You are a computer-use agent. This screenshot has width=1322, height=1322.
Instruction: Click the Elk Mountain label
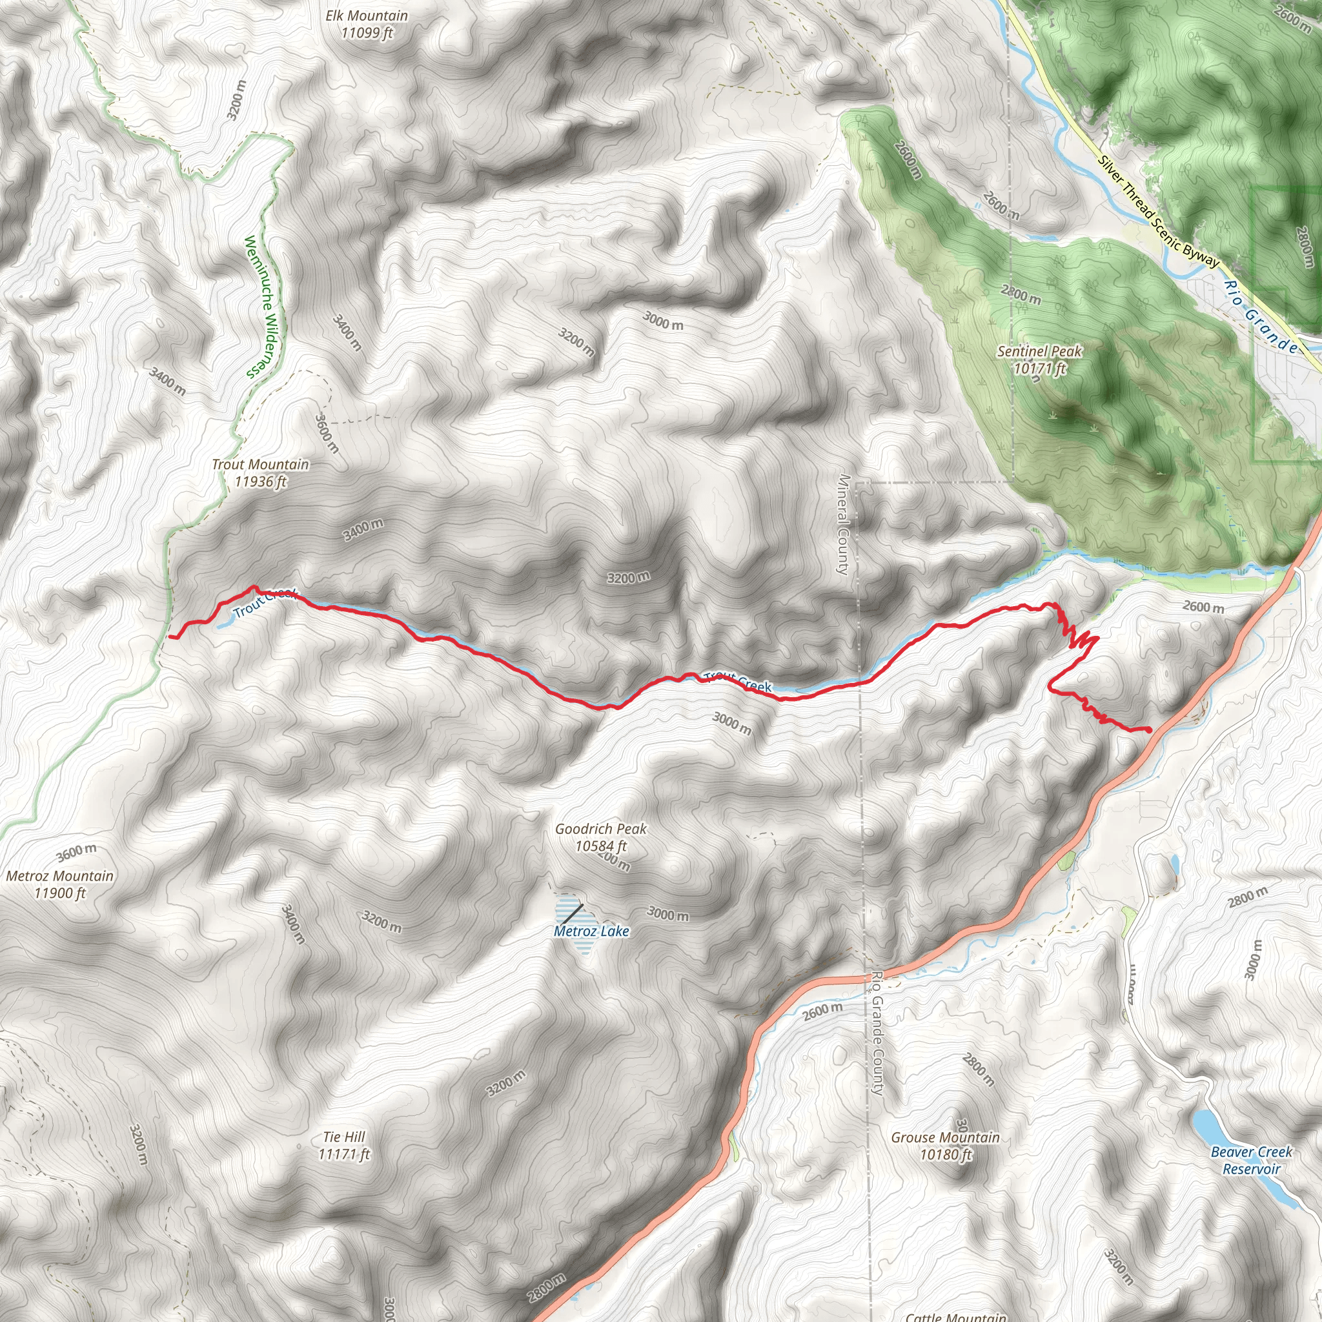pos(367,24)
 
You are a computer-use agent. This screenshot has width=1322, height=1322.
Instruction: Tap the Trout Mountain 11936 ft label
pos(260,473)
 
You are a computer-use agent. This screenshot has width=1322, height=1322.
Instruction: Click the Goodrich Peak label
pos(601,837)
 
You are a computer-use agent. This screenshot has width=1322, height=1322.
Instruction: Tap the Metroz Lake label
pos(591,931)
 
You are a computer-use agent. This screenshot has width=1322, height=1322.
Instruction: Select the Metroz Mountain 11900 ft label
pos(60,884)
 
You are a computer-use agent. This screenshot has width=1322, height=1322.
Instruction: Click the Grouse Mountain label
pos(945,1146)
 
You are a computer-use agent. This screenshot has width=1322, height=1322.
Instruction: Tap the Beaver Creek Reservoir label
pos(1251,1160)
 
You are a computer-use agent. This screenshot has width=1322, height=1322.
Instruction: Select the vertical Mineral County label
pos(843,524)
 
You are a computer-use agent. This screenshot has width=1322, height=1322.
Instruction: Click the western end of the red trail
pos(170,636)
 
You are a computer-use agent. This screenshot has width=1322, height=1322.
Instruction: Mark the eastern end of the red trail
pos(1148,730)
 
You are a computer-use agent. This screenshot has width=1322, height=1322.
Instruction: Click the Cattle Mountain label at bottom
pos(956,1315)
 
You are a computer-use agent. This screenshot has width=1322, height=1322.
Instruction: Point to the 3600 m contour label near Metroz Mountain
pos(77,853)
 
